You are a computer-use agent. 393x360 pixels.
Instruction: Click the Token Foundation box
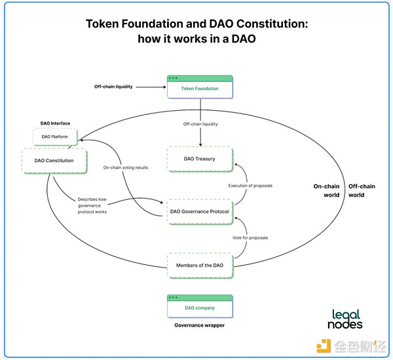(x=200, y=87)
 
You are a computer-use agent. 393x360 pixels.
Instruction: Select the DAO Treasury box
(x=200, y=159)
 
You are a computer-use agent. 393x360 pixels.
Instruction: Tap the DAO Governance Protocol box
(x=200, y=212)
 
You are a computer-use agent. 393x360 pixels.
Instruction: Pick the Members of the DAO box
(x=200, y=266)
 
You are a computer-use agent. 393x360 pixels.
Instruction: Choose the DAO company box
(x=200, y=306)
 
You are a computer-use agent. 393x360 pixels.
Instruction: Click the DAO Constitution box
(x=54, y=161)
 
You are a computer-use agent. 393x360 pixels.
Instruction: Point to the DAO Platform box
(x=55, y=137)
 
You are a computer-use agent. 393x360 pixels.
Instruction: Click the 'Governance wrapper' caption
(x=200, y=325)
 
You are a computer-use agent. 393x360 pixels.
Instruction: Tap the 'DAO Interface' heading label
(x=55, y=123)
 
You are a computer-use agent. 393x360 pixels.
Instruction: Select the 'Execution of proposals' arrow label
(x=250, y=186)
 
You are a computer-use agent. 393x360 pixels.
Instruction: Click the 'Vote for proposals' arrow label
(x=250, y=238)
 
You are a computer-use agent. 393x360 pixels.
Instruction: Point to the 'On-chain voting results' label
(x=126, y=168)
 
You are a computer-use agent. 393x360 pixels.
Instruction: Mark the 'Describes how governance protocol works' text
(x=92, y=205)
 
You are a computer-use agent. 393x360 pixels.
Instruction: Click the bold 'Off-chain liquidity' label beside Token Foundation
(x=113, y=87)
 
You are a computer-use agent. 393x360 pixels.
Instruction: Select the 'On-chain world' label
(x=327, y=191)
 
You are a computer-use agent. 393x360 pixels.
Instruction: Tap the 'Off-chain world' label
(x=362, y=191)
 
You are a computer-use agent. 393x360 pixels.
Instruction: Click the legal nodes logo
(x=345, y=319)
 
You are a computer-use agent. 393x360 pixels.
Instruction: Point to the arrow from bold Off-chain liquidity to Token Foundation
(x=151, y=87)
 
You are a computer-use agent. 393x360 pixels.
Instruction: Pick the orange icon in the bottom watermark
(x=324, y=346)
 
